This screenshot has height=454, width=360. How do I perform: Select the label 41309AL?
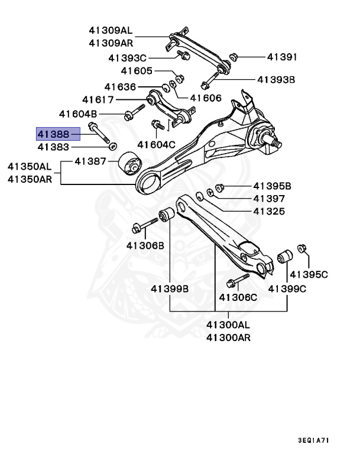(x=111, y=30)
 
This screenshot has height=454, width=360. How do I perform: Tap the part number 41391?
(x=282, y=57)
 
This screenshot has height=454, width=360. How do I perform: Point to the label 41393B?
(x=275, y=79)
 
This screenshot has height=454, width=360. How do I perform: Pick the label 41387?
(x=90, y=161)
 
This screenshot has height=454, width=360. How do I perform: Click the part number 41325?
(x=269, y=211)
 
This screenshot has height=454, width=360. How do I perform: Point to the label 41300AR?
(x=228, y=338)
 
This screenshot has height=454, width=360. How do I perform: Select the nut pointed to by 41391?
(x=232, y=57)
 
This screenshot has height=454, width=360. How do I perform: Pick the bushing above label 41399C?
(x=286, y=258)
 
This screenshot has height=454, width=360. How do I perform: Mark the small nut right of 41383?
(x=113, y=146)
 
